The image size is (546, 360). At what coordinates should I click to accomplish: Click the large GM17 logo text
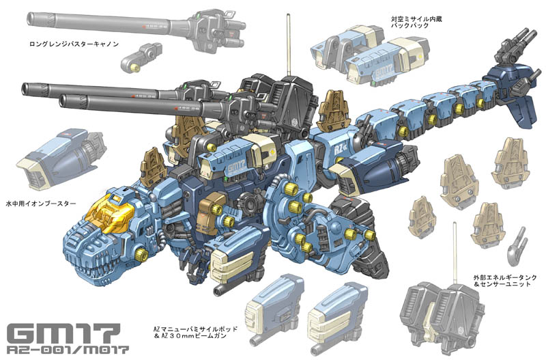pyautogui.click(x=63, y=333)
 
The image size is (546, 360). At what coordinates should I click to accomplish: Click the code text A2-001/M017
pyautogui.click(x=68, y=350)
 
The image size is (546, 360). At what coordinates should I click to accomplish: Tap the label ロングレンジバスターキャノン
pyautogui.click(x=74, y=44)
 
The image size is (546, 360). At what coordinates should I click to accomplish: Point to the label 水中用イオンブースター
pyautogui.click(x=41, y=203)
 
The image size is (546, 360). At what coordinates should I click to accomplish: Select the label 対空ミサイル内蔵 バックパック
pyautogui.click(x=416, y=23)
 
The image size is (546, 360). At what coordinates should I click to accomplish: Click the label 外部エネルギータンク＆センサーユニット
pyautogui.click(x=502, y=281)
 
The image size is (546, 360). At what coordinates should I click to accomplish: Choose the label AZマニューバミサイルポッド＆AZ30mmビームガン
pyautogui.click(x=195, y=332)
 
